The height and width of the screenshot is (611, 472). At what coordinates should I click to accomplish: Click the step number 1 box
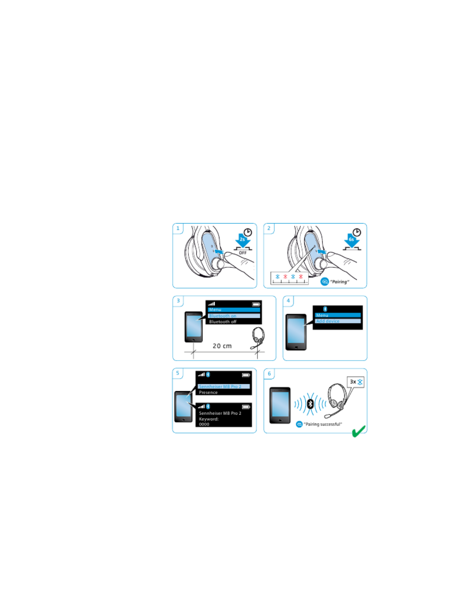pos(178,228)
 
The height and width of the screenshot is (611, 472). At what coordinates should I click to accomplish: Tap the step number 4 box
pos(288,301)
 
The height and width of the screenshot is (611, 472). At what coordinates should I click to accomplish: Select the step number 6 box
pos(269,373)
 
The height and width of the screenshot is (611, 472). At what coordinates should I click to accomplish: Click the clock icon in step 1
pos(248,232)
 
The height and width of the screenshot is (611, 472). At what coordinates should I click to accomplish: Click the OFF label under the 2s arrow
pos(243,253)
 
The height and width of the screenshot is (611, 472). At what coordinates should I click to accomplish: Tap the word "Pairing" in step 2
pos(339,282)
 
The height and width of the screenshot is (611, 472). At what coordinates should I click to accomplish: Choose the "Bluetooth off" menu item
pos(223,322)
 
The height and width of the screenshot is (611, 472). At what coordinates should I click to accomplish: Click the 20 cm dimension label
pos(222,346)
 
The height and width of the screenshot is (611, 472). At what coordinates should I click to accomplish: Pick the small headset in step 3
pos(258,338)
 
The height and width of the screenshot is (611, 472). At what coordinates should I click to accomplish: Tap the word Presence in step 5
pos(208,393)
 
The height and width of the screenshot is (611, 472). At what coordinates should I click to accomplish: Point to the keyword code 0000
pos(204,424)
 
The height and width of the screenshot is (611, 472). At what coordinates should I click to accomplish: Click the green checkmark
pos(359,431)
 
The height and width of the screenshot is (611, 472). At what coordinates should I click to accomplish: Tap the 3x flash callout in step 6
pos(356,382)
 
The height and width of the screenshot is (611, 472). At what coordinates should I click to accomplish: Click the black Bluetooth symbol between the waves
pos(310,404)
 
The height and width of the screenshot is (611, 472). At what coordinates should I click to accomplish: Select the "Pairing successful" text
pos(323,424)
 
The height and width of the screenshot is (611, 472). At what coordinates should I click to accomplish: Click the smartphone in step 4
pos(296,332)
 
